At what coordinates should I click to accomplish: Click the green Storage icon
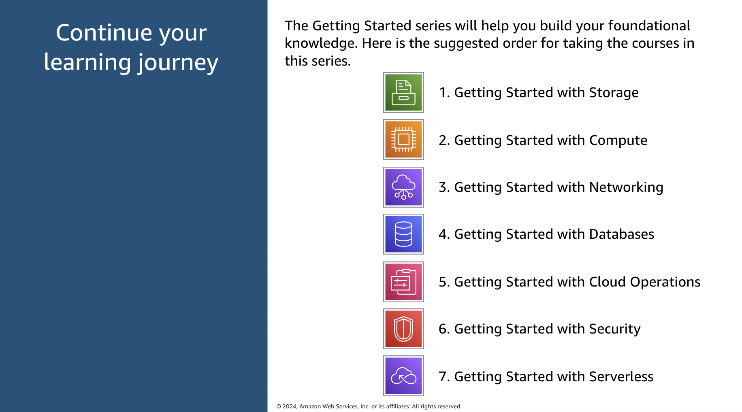pyautogui.click(x=403, y=92)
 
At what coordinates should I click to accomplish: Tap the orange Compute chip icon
pyautogui.click(x=403, y=139)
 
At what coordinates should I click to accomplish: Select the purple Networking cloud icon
pyautogui.click(x=403, y=187)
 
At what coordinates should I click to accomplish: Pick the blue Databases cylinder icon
pyautogui.click(x=403, y=234)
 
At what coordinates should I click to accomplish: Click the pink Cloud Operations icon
pyautogui.click(x=403, y=282)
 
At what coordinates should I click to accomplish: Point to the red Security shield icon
pyautogui.click(x=403, y=329)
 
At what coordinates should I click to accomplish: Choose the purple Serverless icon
pyautogui.click(x=403, y=376)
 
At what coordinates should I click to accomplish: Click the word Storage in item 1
pyautogui.click(x=614, y=93)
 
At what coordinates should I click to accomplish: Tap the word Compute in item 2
pyautogui.click(x=618, y=140)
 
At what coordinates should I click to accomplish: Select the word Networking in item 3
pyautogui.click(x=626, y=188)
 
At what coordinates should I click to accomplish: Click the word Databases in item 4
pyautogui.click(x=622, y=234)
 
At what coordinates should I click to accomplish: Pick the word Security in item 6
pyautogui.click(x=615, y=329)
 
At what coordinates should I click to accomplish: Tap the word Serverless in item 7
pyautogui.click(x=621, y=377)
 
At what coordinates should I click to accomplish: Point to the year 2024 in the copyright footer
pyautogui.click(x=289, y=406)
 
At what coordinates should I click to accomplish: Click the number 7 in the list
pyautogui.click(x=442, y=377)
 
